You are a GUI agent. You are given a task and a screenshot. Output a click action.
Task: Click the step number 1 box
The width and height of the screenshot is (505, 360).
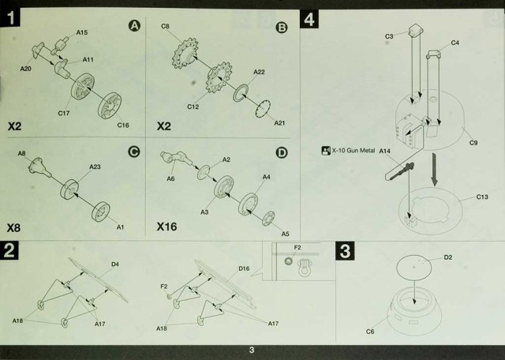[x=10, y=17]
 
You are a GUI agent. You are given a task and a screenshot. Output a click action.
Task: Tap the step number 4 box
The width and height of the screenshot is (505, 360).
[x=309, y=19]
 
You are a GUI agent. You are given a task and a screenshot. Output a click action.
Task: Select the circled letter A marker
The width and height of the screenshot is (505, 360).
[x=134, y=26]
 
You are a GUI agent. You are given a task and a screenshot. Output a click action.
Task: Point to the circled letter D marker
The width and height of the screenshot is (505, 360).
[x=282, y=153]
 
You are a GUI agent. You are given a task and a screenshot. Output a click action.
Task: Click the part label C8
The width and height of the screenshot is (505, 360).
[x=165, y=26]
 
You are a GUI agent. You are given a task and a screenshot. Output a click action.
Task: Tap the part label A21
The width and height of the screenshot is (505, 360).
[x=279, y=123]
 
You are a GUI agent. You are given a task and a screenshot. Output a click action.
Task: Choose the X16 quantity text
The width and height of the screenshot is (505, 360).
[x=166, y=227]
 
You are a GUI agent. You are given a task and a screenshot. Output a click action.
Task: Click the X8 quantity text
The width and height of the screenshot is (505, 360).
[x=13, y=228]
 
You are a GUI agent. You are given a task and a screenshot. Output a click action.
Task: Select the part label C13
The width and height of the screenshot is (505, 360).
[x=482, y=197]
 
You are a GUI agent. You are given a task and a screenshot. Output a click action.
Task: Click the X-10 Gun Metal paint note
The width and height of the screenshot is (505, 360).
[x=349, y=151]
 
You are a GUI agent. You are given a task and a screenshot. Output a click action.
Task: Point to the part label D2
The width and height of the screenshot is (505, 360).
[x=448, y=257]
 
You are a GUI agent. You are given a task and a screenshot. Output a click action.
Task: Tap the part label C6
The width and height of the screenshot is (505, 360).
[x=370, y=332]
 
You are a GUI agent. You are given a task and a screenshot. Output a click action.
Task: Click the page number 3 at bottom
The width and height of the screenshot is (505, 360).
[x=252, y=350]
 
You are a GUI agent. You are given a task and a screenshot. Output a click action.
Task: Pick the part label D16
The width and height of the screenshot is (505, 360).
[x=244, y=268]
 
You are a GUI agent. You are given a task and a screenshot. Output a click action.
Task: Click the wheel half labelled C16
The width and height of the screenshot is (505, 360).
[x=110, y=105]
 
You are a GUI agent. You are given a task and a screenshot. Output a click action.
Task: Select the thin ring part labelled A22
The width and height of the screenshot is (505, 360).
[x=241, y=93]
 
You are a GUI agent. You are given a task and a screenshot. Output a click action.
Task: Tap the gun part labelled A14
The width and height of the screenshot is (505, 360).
[x=399, y=172]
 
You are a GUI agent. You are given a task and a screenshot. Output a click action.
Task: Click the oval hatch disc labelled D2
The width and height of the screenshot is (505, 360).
[x=413, y=267]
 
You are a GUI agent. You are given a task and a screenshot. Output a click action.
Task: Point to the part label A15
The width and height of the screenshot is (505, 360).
[x=82, y=32]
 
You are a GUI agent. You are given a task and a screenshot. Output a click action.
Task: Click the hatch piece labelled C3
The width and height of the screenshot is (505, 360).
[x=416, y=31]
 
